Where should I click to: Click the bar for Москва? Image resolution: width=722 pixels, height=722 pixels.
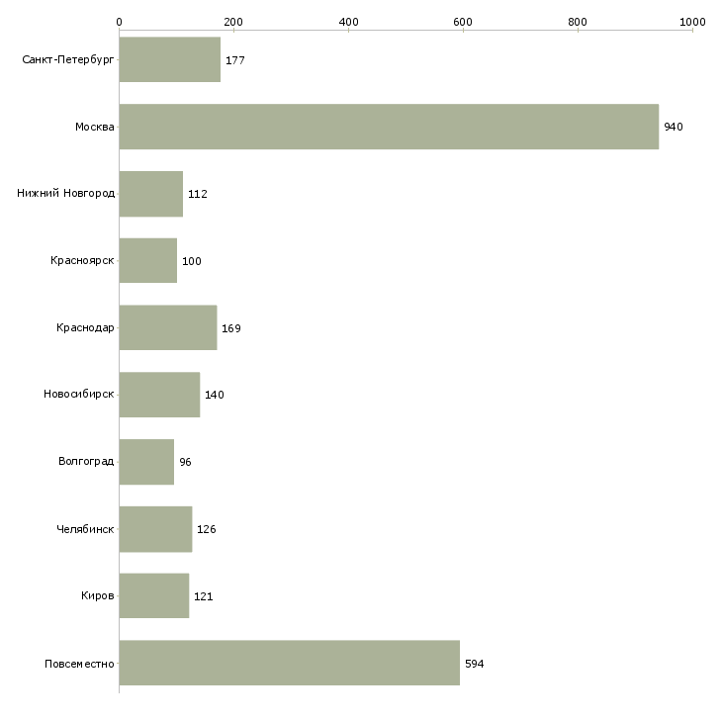(389, 127)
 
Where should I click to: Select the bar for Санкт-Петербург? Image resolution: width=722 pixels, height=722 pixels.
(170, 59)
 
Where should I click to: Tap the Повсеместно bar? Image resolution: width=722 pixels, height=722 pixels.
(290, 663)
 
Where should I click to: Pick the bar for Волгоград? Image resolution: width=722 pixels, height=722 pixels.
(147, 462)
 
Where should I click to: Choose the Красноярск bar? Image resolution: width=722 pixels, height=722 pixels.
(148, 261)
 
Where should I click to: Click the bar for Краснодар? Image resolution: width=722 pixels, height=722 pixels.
(168, 327)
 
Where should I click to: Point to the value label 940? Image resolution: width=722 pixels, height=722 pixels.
(674, 127)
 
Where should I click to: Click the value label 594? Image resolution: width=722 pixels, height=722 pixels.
(475, 664)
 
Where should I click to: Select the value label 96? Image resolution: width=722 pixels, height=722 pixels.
(185, 462)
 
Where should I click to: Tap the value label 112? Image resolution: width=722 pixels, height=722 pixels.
(198, 194)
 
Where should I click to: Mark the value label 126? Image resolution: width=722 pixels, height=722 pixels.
(207, 529)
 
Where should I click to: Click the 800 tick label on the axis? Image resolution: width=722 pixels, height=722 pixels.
(578, 22)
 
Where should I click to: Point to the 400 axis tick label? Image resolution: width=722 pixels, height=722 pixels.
(348, 22)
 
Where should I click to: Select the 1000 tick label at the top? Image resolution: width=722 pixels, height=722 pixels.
(692, 22)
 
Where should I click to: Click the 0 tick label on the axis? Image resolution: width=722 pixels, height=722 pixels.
(120, 22)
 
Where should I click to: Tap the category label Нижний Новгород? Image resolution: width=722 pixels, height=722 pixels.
(66, 193)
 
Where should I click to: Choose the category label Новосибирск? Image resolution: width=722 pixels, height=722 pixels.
(79, 395)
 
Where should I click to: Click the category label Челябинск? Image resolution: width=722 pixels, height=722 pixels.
(85, 529)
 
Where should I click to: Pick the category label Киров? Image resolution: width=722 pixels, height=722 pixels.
(98, 595)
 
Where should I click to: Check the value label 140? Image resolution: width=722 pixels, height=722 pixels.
(215, 395)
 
